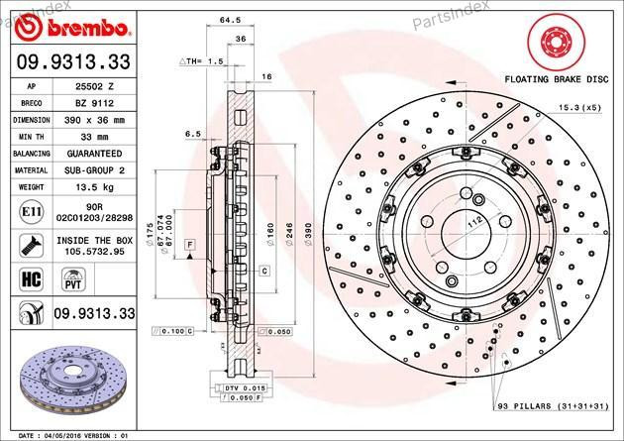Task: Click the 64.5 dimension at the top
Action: click(x=258, y=20)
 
